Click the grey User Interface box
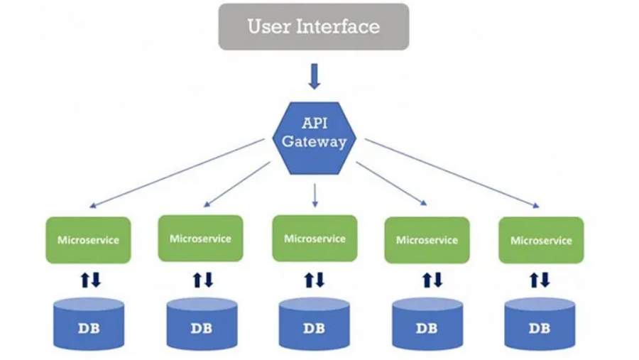click(x=313, y=27)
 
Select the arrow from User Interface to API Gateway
click(x=314, y=76)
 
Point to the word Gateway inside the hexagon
click(x=314, y=141)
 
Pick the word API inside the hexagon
click(x=314, y=123)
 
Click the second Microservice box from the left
click(x=200, y=239)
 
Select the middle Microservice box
click(x=315, y=239)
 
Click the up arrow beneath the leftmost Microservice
click(x=84, y=280)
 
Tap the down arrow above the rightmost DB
click(x=545, y=280)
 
